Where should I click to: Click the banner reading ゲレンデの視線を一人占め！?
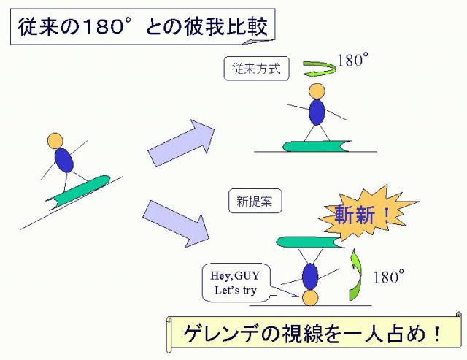coord(314,334)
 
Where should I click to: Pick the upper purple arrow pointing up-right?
coord(182,142)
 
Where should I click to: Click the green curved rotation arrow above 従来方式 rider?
coord(314,68)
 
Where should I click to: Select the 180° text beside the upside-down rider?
coord(388,277)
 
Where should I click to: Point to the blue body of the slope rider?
coord(65,160)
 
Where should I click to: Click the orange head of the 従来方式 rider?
coord(317,91)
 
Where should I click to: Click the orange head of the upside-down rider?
coord(310,298)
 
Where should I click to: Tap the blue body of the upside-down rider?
coord(310,275)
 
